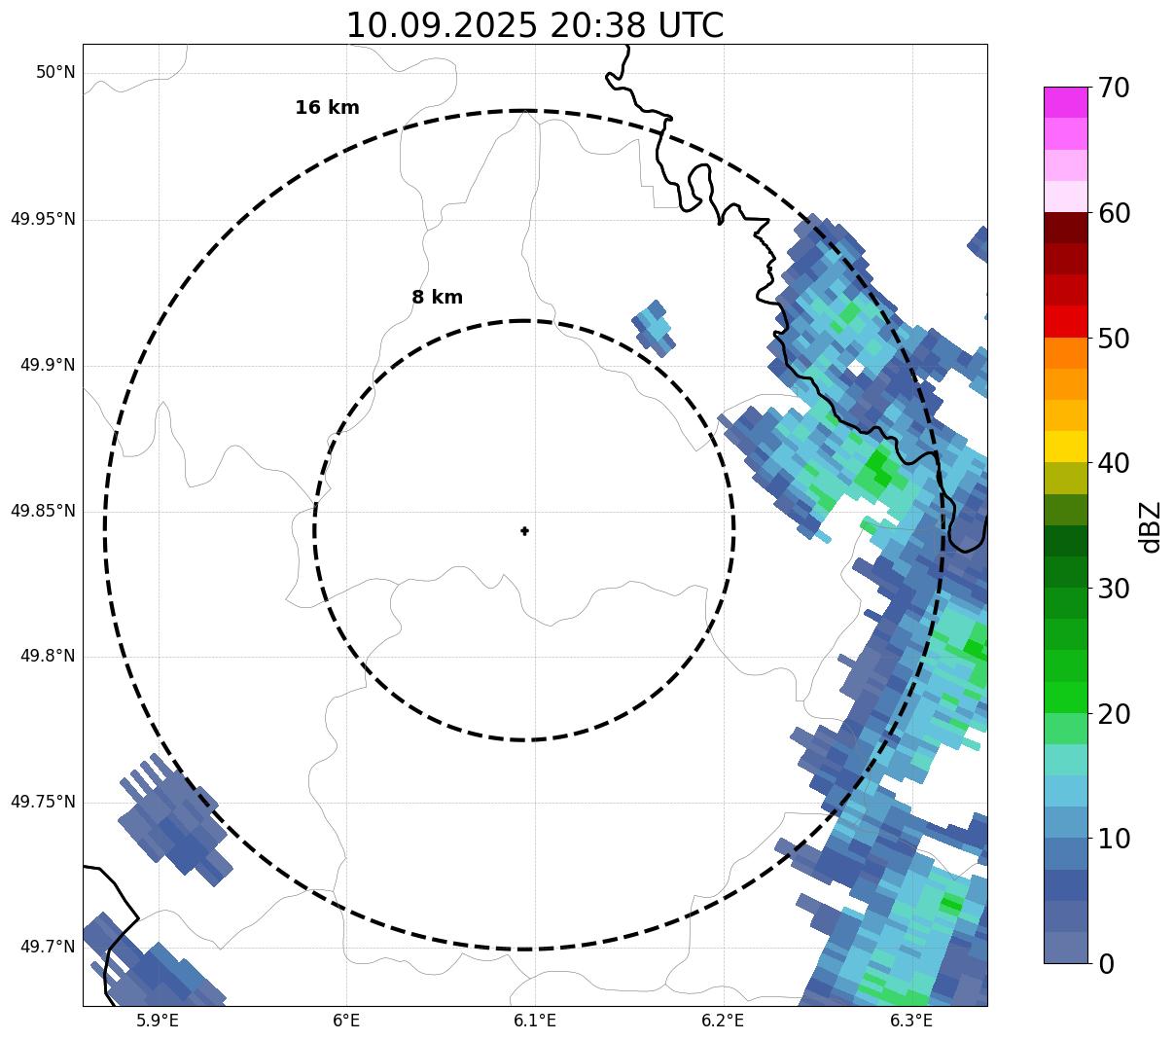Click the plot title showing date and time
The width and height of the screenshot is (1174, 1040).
535,25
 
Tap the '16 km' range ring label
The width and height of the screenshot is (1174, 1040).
327,108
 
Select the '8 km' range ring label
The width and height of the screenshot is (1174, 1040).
437,298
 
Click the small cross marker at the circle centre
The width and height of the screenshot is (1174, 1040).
524,530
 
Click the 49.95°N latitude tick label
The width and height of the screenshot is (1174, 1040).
43,219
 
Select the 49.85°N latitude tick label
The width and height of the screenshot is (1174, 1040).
43,511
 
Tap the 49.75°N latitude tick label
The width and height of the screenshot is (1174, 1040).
43,802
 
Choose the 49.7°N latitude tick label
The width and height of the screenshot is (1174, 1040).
48,947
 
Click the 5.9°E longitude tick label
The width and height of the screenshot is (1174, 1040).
158,1021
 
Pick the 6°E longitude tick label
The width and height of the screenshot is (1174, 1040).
346,1021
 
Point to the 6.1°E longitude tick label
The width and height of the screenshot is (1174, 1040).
534,1021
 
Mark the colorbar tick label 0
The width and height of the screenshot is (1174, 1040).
1107,964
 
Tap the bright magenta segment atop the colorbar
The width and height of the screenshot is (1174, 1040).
1065,102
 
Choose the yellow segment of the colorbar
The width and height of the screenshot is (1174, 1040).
1065,447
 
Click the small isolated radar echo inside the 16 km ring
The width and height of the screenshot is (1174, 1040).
654,328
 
